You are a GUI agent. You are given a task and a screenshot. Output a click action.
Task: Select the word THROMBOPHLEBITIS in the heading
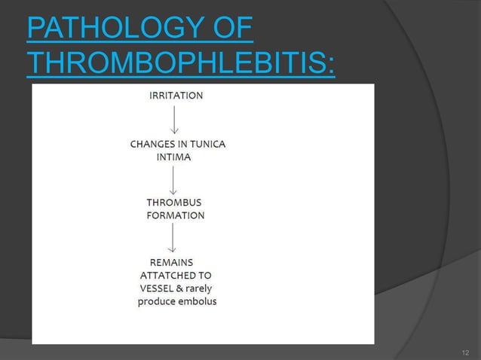[181, 65]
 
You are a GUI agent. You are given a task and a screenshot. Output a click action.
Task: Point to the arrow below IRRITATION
[175, 118]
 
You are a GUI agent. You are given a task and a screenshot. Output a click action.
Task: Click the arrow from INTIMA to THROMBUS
[174, 181]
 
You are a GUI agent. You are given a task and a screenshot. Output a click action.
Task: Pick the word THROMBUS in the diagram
[173, 203]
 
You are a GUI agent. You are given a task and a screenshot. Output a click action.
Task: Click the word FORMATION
[176, 215]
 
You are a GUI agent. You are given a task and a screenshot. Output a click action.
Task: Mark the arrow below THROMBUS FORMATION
[174, 237]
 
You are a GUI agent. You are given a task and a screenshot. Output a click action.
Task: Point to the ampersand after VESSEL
[183, 288]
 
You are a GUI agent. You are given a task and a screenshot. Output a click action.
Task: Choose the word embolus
[195, 302]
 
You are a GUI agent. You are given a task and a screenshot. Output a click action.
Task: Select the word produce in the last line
[155, 302]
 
